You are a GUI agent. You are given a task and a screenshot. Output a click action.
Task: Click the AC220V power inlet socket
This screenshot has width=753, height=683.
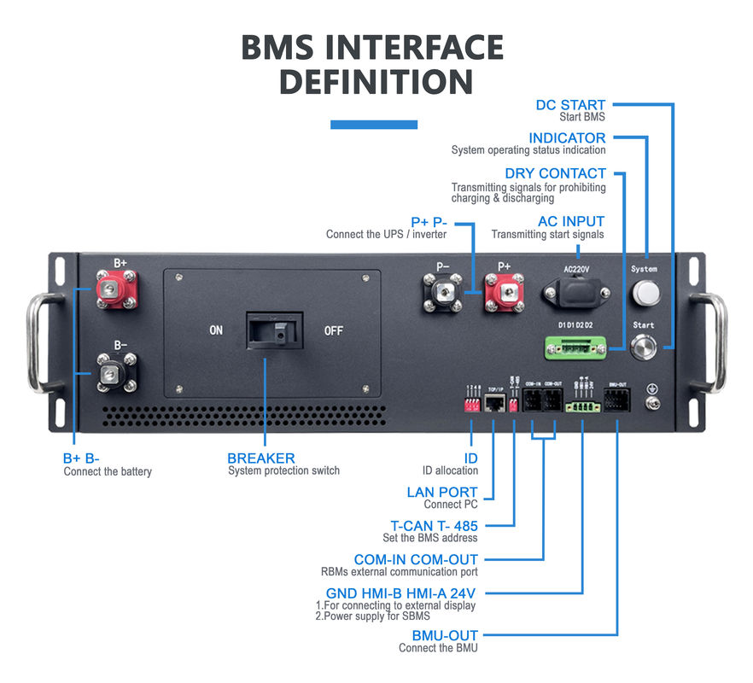576,295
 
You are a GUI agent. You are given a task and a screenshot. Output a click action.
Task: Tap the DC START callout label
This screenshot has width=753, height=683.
570,105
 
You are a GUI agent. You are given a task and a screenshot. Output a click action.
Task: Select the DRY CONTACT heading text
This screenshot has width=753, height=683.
555,173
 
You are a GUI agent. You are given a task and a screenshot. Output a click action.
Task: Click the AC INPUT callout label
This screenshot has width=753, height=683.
571,221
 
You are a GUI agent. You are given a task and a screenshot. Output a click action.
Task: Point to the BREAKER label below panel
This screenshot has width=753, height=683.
260,458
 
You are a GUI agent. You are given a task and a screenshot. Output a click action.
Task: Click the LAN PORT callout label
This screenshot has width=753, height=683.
442,492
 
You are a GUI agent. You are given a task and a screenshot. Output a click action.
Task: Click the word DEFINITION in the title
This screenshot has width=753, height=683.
376,83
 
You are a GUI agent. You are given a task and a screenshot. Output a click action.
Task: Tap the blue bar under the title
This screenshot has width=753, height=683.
374,125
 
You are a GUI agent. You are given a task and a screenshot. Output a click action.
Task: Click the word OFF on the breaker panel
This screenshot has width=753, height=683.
333,330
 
